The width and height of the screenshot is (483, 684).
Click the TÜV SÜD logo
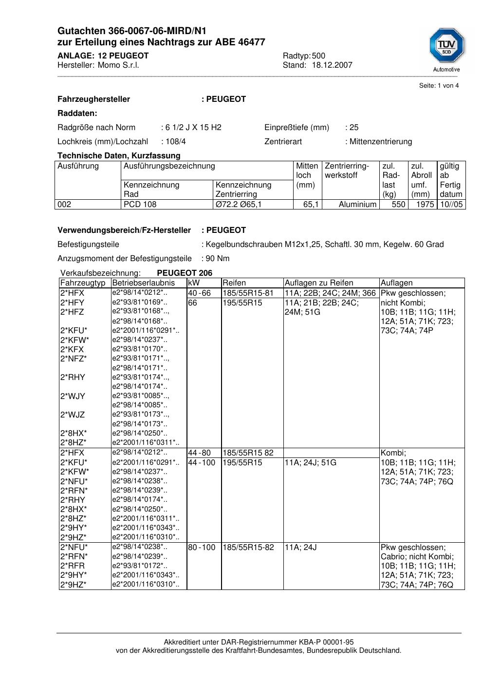[446, 47]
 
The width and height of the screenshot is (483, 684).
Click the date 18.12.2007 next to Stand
[332, 65]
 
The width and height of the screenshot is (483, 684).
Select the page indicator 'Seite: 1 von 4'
[439, 86]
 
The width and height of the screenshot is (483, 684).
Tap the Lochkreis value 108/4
[175, 142]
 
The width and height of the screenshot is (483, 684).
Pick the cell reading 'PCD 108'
[140, 205]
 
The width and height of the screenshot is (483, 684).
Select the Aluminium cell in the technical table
[357, 205]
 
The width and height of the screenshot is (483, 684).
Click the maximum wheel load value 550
[398, 205]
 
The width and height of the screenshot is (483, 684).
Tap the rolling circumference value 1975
[425, 205]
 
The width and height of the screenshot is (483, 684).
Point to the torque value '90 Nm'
[218, 259]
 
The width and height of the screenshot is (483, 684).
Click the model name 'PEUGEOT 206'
[185, 273]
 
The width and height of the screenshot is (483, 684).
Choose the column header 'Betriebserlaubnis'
[143, 283]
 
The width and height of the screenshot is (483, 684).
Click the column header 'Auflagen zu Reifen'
[318, 283]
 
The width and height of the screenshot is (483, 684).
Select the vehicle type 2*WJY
[73, 397]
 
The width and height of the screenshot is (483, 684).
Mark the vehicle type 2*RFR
[73, 566]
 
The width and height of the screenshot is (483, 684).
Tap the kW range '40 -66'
[199, 293]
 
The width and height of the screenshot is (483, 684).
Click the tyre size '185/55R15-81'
[248, 293]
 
